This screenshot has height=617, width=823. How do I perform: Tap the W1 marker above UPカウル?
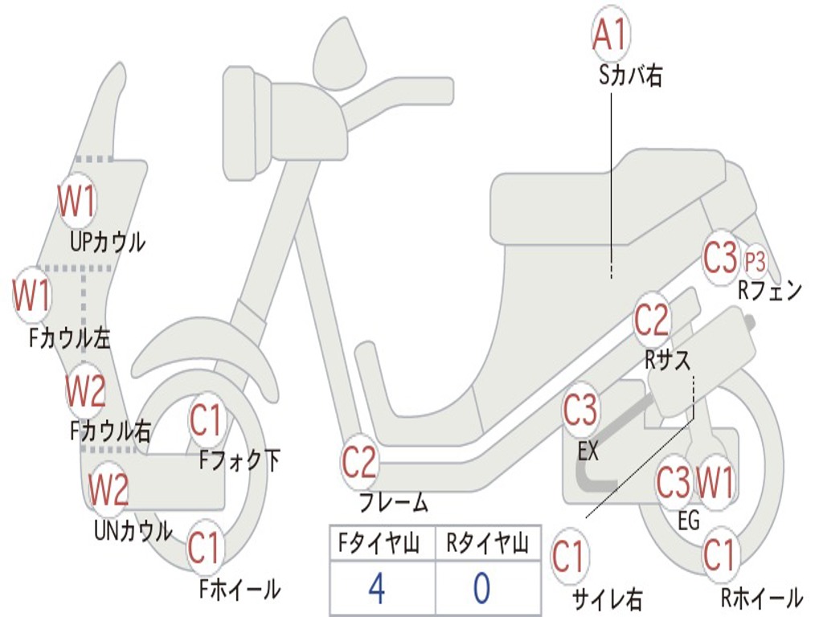click(76, 202)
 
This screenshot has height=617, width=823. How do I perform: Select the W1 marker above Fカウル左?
click(31, 295)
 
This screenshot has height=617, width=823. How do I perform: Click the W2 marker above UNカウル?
click(109, 489)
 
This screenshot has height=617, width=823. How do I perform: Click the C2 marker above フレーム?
click(358, 463)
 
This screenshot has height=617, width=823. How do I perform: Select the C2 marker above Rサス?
click(652, 320)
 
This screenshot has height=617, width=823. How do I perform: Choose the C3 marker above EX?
click(580, 411)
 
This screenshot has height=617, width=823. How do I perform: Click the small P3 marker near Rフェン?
click(755, 261)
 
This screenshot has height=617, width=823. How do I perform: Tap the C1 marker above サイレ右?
click(568, 557)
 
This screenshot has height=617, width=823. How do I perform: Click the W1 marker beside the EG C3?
click(714, 484)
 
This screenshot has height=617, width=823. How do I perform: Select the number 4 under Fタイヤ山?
click(377, 588)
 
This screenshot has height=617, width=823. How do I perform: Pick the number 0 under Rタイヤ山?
click(481, 588)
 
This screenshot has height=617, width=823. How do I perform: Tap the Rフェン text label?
click(770, 290)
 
